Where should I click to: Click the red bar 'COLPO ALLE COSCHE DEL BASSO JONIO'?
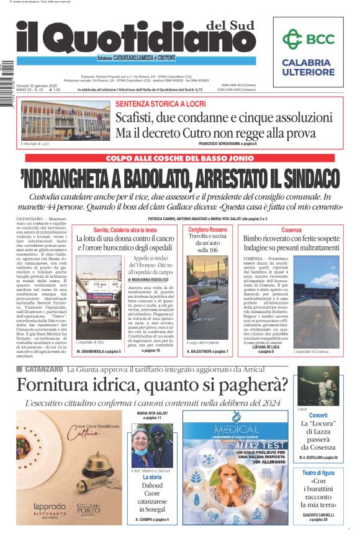[180, 158]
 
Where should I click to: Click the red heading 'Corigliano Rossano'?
[208, 230]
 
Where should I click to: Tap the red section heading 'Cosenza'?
[291, 230]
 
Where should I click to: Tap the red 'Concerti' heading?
[318, 415]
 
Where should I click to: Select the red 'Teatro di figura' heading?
[318, 473]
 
